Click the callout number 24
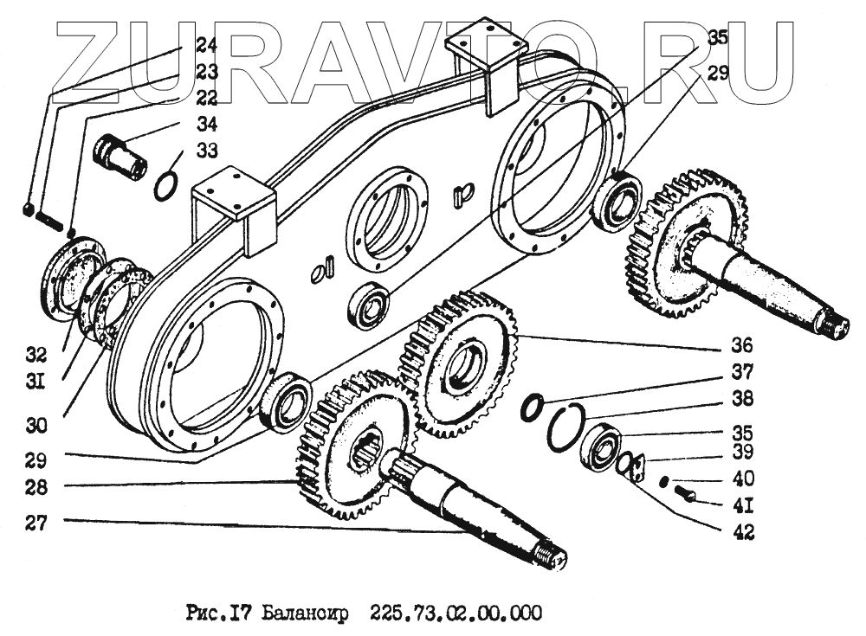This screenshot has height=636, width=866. click(x=205, y=44)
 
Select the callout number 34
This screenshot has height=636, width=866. click(x=205, y=123)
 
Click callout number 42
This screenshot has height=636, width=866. click(x=742, y=532)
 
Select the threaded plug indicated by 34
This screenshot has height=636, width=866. click(x=120, y=156)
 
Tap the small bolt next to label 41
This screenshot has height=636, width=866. click(x=687, y=494)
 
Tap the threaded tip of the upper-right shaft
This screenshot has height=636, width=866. click(x=838, y=326)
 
